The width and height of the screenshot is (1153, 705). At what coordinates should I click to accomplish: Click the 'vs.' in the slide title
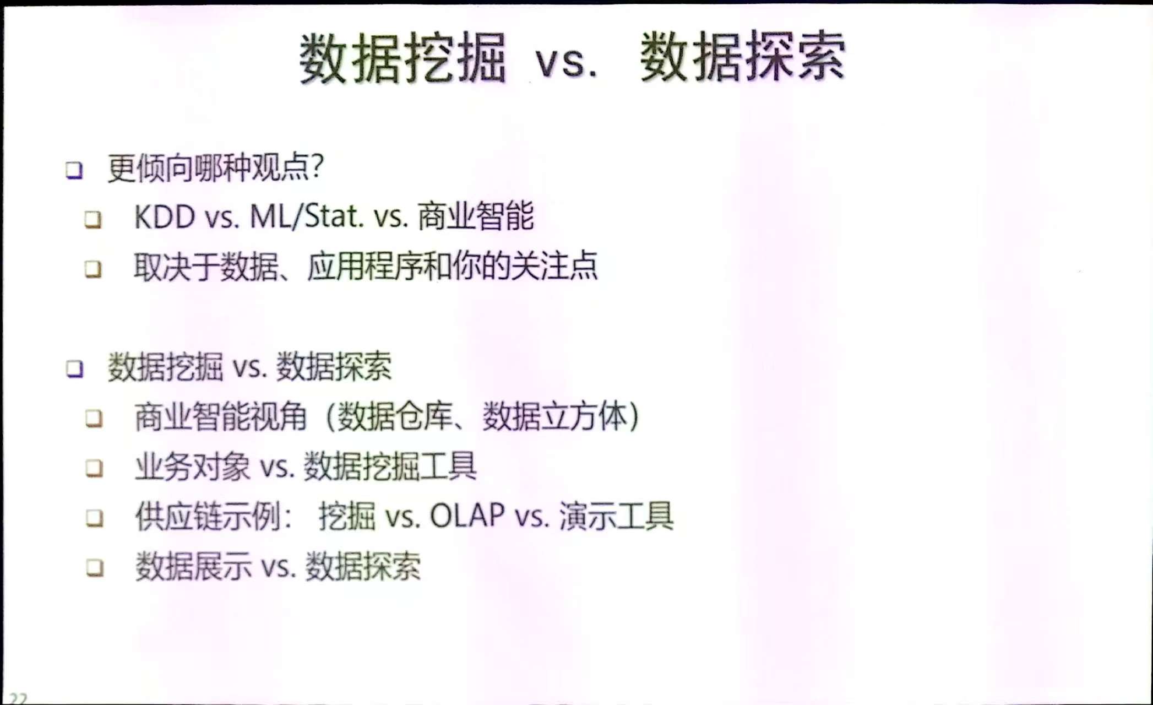pos(566,62)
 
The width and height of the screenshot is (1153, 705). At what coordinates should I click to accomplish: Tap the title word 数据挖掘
pos(403,58)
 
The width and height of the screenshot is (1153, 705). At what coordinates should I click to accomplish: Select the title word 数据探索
pos(742,56)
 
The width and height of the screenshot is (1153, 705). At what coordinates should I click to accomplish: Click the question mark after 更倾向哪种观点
pos(317,166)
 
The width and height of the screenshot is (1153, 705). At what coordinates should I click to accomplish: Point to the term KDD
pos(165,216)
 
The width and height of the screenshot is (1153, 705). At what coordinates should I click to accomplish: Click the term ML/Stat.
pos(307,216)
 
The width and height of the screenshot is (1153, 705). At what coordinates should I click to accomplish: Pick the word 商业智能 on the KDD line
pos(476,215)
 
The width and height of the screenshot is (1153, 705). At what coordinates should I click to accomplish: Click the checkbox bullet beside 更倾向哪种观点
pos(74,170)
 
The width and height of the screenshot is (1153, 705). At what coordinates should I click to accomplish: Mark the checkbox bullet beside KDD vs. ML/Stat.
pos(93,219)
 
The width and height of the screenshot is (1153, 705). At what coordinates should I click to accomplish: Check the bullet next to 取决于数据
pos(93,269)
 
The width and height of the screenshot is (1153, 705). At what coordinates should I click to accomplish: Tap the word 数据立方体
pos(555,416)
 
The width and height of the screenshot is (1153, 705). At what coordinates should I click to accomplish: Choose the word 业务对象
pos(193,467)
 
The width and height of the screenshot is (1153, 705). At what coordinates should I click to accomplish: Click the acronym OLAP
pos(467,516)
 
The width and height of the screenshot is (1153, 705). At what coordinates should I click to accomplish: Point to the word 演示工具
pos(616,516)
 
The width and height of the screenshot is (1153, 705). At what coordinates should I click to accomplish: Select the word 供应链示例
pos(208,516)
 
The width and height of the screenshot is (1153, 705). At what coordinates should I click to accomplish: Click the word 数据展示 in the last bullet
pos(193,566)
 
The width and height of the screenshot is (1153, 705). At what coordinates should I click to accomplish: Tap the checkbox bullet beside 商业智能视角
pos(94,419)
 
